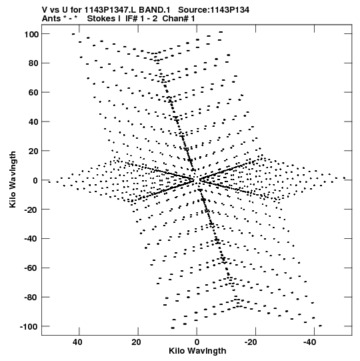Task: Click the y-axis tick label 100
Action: [31, 34]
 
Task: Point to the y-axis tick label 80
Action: [33, 63]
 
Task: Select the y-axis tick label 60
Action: [33, 93]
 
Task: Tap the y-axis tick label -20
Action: [31, 210]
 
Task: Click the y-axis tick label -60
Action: [31, 268]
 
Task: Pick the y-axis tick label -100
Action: [29, 326]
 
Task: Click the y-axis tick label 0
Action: [35, 180]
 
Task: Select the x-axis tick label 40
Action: [77, 342]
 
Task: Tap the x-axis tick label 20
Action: [136, 342]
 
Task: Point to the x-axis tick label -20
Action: [251, 342]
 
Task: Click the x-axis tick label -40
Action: [309, 342]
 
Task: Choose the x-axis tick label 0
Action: [197, 342]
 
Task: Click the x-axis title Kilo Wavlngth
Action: [197, 351]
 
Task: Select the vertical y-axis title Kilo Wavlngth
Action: [13, 179]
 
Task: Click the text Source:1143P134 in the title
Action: [214, 10]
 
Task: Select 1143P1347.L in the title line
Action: [111, 10]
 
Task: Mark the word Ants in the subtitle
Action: [51, 19]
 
